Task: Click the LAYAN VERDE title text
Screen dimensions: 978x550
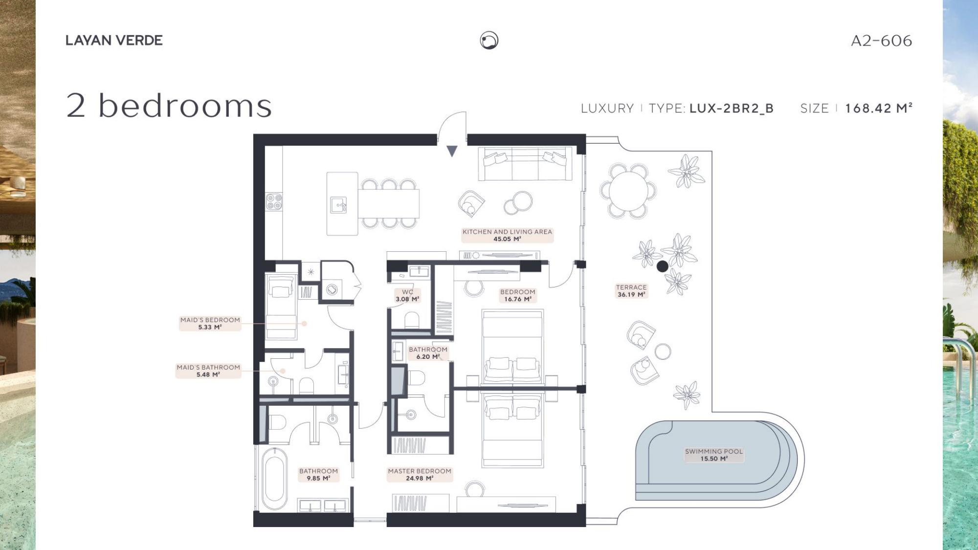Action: pyautogui.click(x=114, y=41)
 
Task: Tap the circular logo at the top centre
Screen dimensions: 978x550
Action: pyautogui.click(x=489, y=41)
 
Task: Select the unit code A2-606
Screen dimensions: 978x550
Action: pyautogui.click(x=881, y=41)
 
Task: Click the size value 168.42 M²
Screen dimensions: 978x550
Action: pyautogui.click(x=879, y=108)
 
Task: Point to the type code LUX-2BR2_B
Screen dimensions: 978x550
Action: pyautogui.click(x=732, y=109)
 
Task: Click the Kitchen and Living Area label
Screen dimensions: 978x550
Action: pyautogui.click(x=507, y=235)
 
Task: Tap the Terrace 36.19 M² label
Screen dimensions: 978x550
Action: pyautogui.click(x=631, y=291)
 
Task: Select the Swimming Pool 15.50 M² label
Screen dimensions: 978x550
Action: pyautogui.click(x=714, y=455)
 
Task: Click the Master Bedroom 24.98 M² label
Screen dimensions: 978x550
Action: pyautogui.click(x=420, y=475)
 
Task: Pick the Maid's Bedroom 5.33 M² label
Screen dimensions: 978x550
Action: pyautogui.click(x=210, y=324)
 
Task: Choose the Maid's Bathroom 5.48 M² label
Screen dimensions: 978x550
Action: pyautogui.click(x=208, y=371)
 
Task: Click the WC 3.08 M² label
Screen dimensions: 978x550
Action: pyautogui.click(x=407, y=295)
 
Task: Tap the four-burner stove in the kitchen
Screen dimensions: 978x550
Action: pyautogui.click(x=274, y=201)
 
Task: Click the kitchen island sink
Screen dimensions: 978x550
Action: pyautogui.click(x=338, y=205)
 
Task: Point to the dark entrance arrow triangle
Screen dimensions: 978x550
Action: pyautogui.click(x=452, y=151)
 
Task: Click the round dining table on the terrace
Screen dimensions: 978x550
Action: pyautogui.click(x=628, y=191)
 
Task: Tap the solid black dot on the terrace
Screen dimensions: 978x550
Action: pyautogui.click(x=663, y=266)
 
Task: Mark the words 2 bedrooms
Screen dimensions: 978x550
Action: pyautogui.click(x=169, y=106)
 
